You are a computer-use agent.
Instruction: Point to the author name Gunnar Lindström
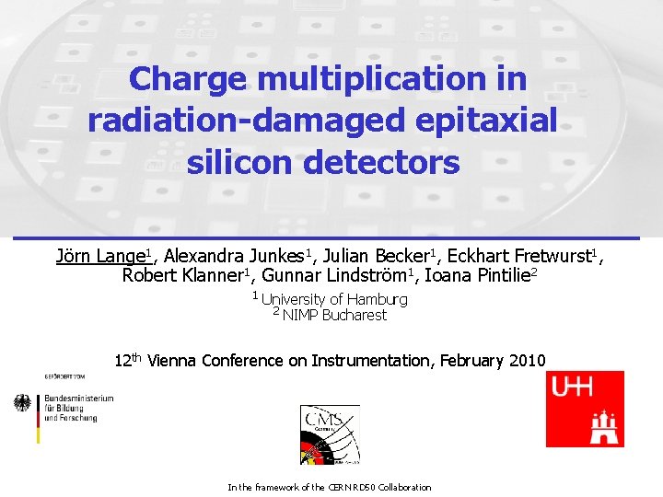(334, 275)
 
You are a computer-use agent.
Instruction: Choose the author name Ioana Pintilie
(478, 275)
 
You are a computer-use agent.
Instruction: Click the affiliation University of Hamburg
(334, 299)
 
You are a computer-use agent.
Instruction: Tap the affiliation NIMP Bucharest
(334, 315)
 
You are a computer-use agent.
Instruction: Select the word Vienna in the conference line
(177, 361)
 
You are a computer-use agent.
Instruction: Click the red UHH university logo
(585, 409)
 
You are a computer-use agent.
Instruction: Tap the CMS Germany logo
(329, 433)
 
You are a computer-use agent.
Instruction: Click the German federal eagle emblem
(23, 403)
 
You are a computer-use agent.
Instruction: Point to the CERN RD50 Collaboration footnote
(329, 487)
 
